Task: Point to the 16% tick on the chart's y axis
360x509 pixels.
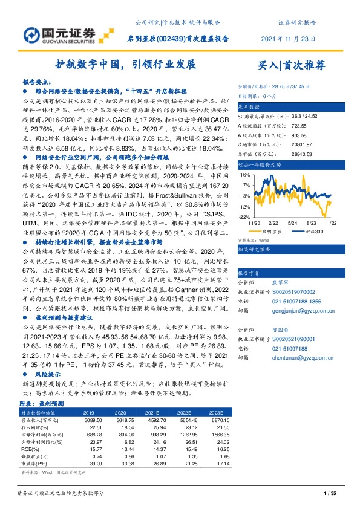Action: click(244, 174)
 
